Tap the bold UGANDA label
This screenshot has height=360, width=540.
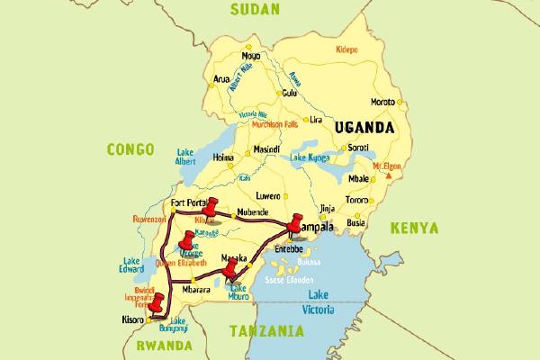click(364, 128)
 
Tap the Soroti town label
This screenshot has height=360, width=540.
click(360, 148)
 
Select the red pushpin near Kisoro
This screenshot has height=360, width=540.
click(158, 303)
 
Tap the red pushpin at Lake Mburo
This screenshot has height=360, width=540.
click(230, 268)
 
